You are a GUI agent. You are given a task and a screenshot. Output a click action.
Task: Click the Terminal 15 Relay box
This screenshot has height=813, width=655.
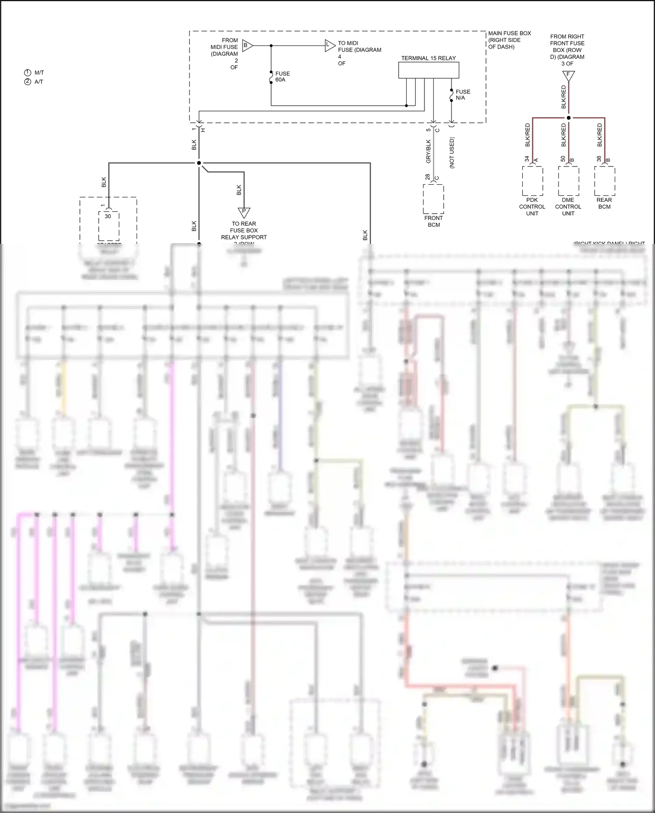pos(428,70)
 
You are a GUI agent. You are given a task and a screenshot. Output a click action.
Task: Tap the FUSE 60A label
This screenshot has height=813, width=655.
pos(282,76)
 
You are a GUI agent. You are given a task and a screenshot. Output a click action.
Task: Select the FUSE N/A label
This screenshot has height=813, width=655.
pos(463,95)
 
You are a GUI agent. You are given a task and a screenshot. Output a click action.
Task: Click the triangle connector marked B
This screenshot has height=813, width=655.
pos(247,45)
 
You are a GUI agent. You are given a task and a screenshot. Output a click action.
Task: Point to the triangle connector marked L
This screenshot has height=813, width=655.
pos(329,45)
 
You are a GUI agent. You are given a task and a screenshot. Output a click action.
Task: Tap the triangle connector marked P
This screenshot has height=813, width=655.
pos(244,212)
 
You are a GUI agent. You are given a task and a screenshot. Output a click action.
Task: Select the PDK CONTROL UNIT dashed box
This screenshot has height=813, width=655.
pos(532,180)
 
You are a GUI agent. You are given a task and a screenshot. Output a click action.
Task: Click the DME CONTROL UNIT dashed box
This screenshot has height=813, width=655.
pos(568,180)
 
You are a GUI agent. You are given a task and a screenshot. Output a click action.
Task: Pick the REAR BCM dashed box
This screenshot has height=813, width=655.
pos(604,180)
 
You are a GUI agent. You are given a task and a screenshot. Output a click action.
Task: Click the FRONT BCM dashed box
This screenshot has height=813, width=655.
pos(433,199)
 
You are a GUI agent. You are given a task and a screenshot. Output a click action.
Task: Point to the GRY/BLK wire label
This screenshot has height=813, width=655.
pos(428,151)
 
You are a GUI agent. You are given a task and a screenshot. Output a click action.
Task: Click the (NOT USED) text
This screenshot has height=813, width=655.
pos(452,152)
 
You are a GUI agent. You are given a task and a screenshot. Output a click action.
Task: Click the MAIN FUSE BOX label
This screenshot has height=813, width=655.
pos(509,40)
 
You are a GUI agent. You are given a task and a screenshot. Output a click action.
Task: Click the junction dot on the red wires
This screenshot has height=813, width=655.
pos(569,118)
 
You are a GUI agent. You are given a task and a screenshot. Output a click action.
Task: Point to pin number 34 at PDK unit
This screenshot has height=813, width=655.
pos(527,159)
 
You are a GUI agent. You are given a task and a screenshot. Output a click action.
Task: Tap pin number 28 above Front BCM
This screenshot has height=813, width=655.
pos(427,177)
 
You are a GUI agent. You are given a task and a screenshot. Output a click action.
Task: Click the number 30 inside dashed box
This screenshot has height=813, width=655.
pos(108,216)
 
